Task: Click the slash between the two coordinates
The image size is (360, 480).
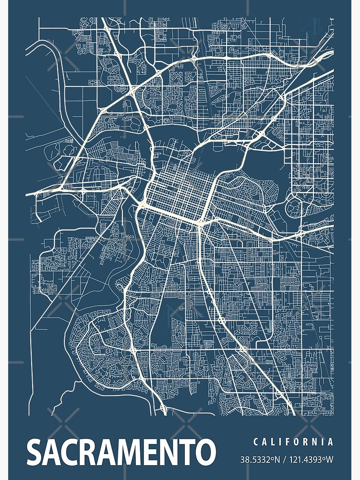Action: click(x=284, y=460)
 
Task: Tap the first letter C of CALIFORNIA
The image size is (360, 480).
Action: click(x=255, y=442)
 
